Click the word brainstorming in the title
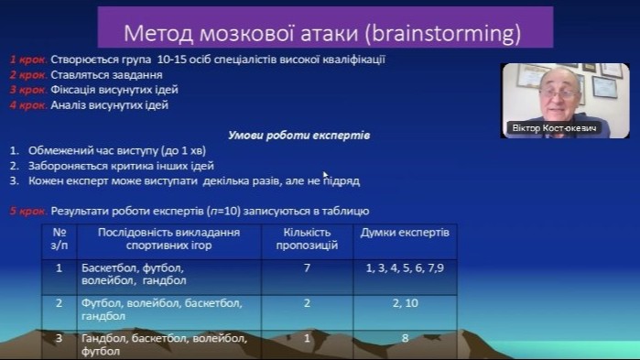[x=444, y=34]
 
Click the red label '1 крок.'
[x=28, y=60]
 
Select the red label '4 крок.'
[x=28, y=105]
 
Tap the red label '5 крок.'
[x=28, y=211]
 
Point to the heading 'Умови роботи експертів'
[x=298, y=136]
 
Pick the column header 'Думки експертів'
[x=405, y=233]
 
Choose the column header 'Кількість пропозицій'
[x=307, y=239]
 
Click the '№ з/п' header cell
[x=60, y=239]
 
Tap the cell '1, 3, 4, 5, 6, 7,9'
[x=405, y=268]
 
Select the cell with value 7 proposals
[x=307, y=267]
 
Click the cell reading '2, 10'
[x=405, y=303]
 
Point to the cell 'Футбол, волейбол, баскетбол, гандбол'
[x=162, y=310]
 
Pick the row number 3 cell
[x=60, y=338]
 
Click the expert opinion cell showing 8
[x=405, y=338]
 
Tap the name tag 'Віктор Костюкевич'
[x=554, y=128]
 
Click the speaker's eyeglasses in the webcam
[x=558, y=94]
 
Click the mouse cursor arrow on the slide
[x=325, y=175]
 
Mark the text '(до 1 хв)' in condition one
[x=184, y=151]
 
